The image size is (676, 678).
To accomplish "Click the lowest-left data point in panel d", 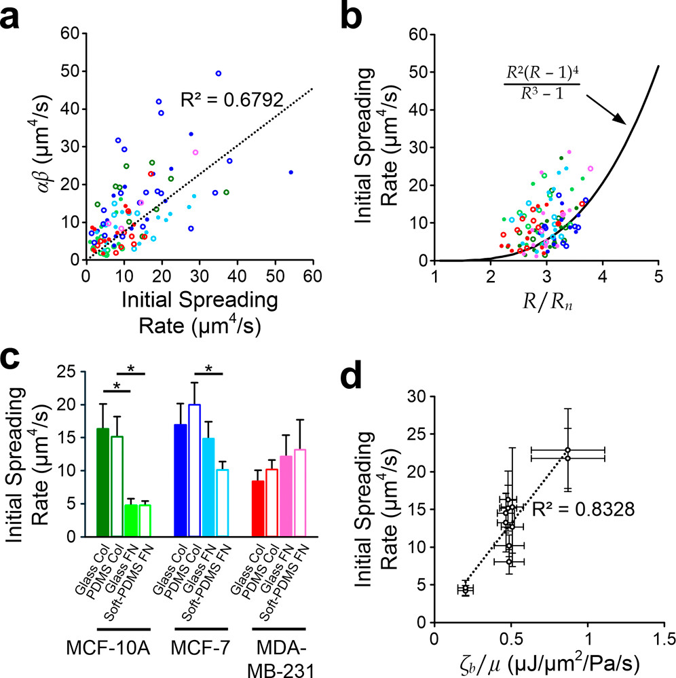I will [465, 588].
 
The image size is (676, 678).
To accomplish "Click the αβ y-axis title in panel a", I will [29, 147].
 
